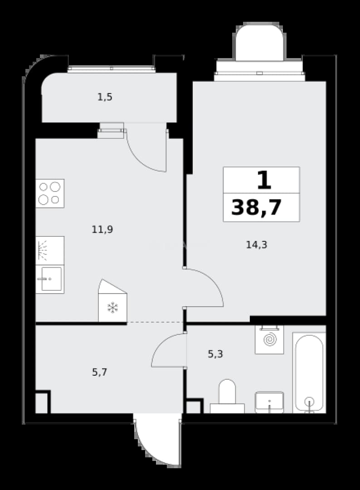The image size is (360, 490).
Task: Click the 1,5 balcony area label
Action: [105, 97]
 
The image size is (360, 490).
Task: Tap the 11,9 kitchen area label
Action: [102, 230]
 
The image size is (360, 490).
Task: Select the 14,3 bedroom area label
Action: [257, 245]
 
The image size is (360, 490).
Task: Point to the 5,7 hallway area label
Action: [100, 372]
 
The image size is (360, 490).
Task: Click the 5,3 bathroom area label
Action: [215, 354]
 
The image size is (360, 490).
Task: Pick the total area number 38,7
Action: [257, 207]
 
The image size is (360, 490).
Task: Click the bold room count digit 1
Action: [264, 181]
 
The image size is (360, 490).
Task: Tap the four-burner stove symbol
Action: [50, 193]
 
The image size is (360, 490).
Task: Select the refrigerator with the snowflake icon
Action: [113, 301]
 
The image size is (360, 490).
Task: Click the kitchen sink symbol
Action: [50, 279]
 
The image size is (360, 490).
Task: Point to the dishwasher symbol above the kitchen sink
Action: [50, 250]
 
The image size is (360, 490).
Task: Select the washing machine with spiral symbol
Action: [269, 340]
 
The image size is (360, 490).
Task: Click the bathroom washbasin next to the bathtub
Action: [269, 402]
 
